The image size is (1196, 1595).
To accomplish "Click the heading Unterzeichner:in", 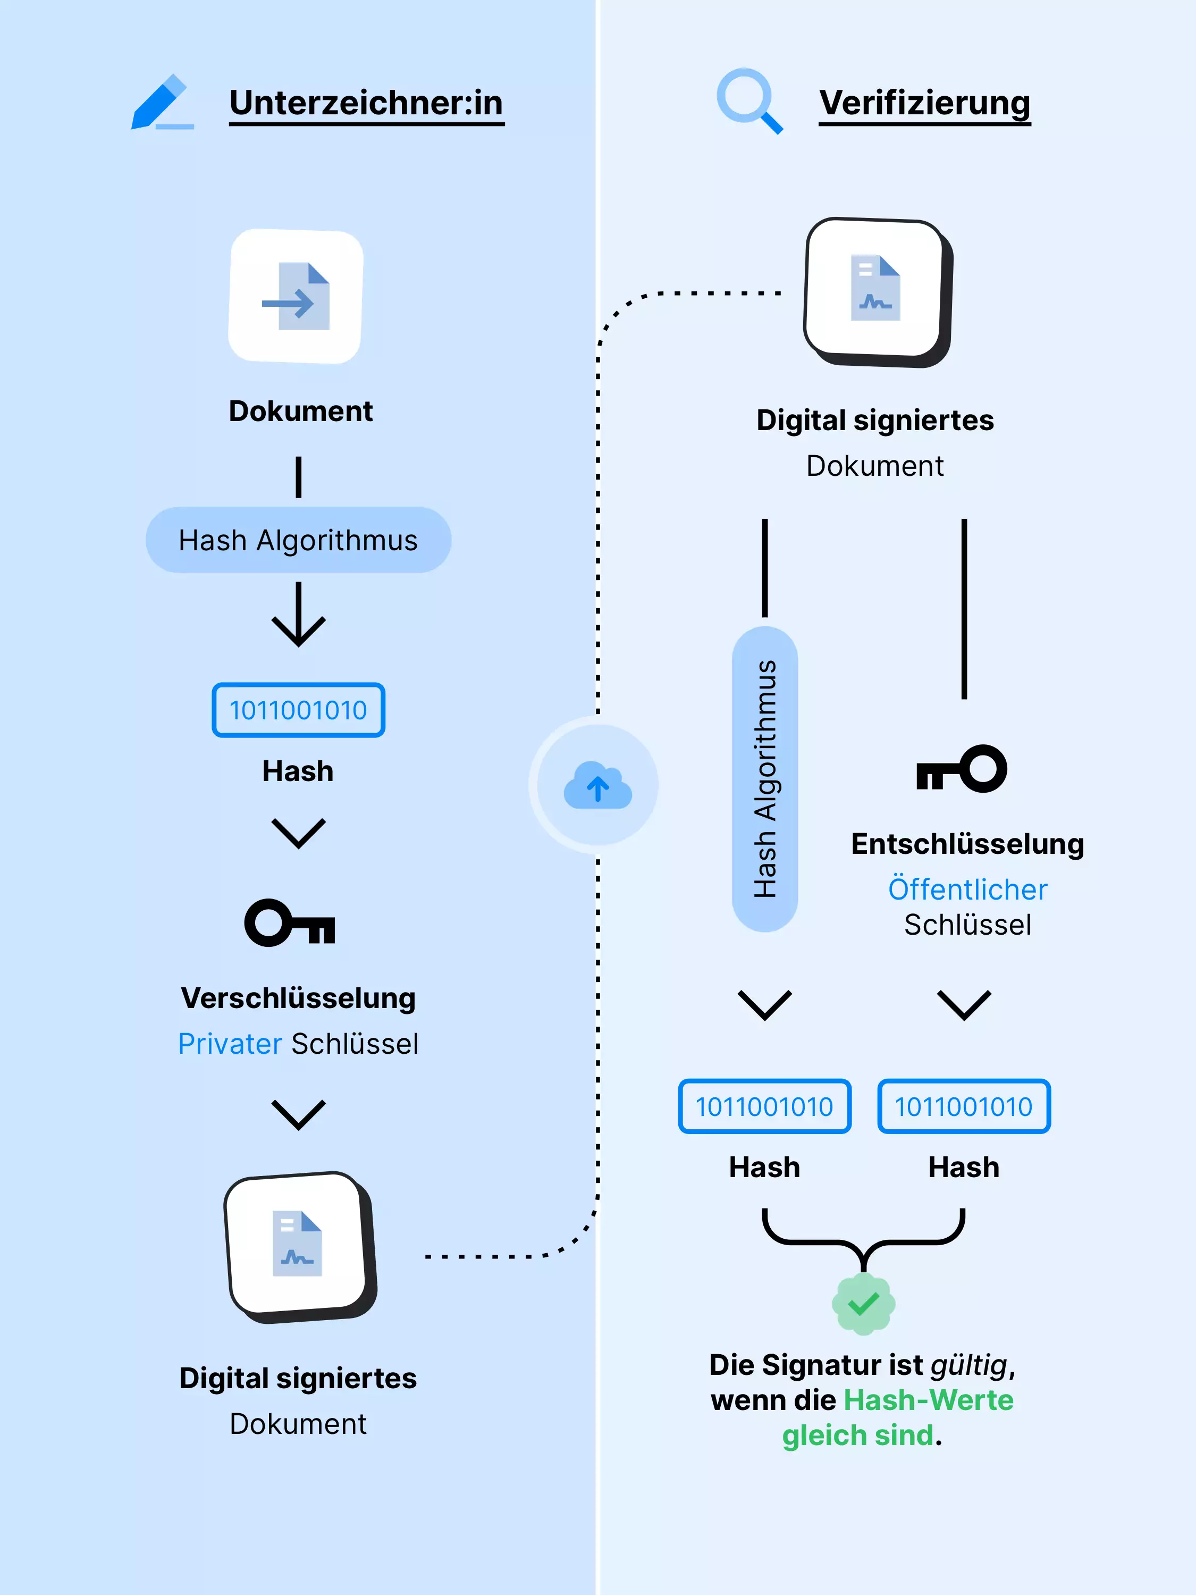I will tap(366, 103).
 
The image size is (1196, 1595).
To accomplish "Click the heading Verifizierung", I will tap(924, 103).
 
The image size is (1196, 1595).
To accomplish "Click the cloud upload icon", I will tap(597, 785).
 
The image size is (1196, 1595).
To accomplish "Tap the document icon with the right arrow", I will tap(296, 296).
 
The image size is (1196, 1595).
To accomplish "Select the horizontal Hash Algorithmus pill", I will tap(298, 540).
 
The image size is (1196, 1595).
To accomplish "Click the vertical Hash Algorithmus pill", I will tap(764, 779).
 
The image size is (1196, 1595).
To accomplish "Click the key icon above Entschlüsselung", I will tap(962, 769).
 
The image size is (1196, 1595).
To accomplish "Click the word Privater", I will tap(230, 1043).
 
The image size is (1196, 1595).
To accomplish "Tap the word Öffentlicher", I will tap(967, 889).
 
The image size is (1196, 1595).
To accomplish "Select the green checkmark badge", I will tap(863, 1303).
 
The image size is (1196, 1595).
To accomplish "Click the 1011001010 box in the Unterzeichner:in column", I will tap(298, 710).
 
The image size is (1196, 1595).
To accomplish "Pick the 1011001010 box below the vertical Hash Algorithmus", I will tap(764, 1106).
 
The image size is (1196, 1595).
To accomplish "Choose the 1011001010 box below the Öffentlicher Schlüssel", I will tap(963, 1106).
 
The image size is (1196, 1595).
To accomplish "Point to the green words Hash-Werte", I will tap(929, 1399).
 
